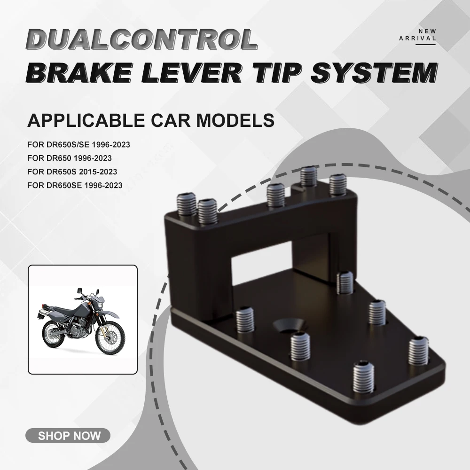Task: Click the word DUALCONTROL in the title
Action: [x=143, y=39]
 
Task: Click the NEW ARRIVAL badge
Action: [x=417, y=35]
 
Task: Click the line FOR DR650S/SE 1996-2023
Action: [x=78, y=144]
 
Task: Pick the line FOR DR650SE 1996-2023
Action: [x=75, y=185]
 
